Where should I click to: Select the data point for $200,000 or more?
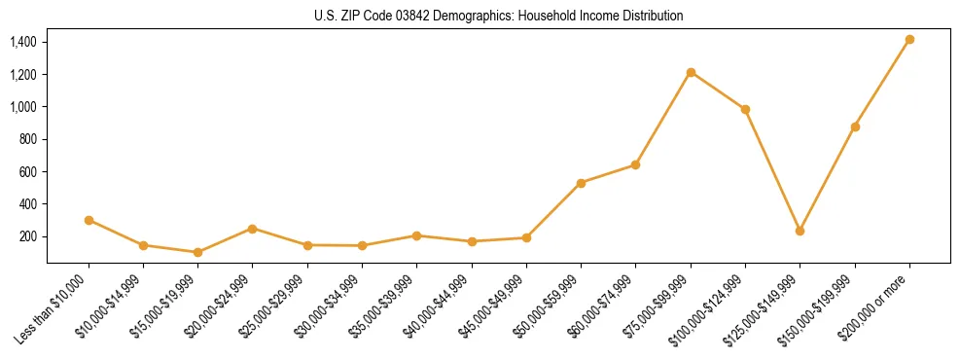[x=909, y=40]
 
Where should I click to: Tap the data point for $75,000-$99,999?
[x=691, y=72]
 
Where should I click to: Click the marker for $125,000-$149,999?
[x=800, y=231]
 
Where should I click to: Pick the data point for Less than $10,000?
[x=89, y=220]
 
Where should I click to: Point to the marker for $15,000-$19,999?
[x=197, y=252]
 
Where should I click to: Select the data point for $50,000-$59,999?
[x=581, y=183]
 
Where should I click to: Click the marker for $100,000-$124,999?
[x=745, y=109]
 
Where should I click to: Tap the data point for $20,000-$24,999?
[x=252, y=229]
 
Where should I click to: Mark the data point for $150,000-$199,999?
[x=855, y=126]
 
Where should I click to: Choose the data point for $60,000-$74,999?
[x=635, y=164]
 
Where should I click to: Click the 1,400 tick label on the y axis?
[x=22, y=42]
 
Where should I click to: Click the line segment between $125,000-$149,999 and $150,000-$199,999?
[x=827, y=179]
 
